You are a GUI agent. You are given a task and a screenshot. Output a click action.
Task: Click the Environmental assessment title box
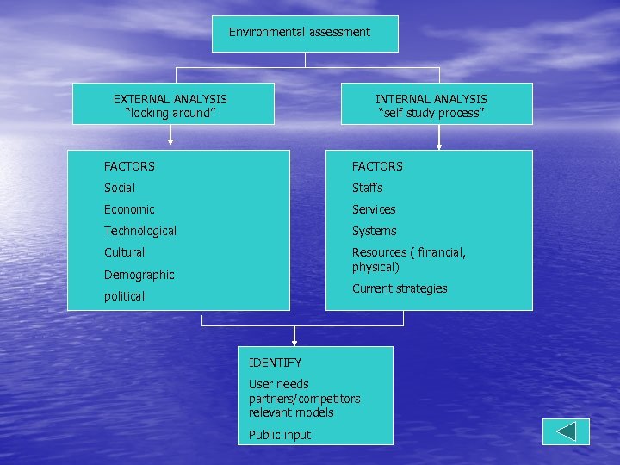pyautogui.click(x=305, y=33)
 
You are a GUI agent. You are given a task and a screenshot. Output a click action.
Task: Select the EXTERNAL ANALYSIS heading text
pyautogui.click(x=170, y=99)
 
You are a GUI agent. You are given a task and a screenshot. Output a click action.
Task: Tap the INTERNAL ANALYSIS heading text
pyautogui.click(x=431, y=99)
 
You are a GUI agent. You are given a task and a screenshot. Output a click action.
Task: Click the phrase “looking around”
pyautogui.click(x=170, y=113)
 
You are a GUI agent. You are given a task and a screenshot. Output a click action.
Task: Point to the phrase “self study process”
pyautogui.click(x=431, y=113)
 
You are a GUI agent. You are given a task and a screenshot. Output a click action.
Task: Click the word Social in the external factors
pyautogui.click(x=120, y=188)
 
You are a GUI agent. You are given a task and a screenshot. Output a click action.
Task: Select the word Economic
pyautogui.click(x=129, y=209)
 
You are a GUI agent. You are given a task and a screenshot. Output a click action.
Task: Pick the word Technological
pyautogui.click(x=140, y=231)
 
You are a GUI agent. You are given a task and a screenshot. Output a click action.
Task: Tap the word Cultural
pyautogui.click(x=124, y=252)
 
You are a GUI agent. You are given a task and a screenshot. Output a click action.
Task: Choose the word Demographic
pyautogui.click(x=139, y=275)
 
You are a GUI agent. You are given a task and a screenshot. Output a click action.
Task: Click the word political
pyautogui.click(x=124, y=296)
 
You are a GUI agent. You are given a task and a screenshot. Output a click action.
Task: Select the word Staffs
pyautogui.click(x=367, y=188)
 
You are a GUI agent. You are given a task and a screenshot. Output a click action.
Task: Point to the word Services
pyautogui.click(x=374, y=209)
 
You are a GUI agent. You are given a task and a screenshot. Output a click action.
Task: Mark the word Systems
pyautogui.click(x=374, y=231)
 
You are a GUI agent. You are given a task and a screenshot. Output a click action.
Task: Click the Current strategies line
pyautogui.click(x=400, y=288)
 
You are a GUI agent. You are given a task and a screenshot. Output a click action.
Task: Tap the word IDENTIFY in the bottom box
pyautogui.click(x=275, y=363)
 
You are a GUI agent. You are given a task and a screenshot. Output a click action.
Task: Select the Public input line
pyautogui.click(x=279, y=435)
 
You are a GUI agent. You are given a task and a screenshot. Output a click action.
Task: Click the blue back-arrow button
pyautogui.click(x=566, y=431)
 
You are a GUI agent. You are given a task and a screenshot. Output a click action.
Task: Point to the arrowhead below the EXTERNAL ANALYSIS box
pyautogui.click(x=170, y=140)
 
